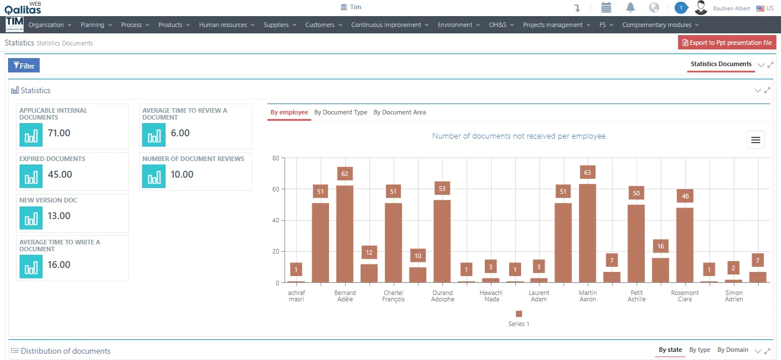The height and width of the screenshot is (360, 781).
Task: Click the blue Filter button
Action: tap(24, 66)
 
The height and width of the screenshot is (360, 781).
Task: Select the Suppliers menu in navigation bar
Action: tap(280, 25)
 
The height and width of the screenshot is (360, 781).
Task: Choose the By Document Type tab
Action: tap(340, 112)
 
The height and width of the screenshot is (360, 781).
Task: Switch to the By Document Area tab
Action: tap(400, 112)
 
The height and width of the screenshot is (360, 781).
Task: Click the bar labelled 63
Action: tap(588, 233)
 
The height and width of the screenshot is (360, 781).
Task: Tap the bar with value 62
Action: tap(345, 234)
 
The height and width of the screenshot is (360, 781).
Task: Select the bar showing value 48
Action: tap(685, 245)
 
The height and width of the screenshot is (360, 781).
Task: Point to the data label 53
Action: tap(442, 189)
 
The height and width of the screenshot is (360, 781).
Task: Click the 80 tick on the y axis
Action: tap(276, 158)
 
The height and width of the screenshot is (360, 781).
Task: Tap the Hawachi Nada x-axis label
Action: tap(491, 296)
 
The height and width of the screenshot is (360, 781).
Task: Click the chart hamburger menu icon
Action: tap(756, 140)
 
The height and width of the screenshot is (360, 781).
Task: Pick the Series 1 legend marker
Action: tap(519, 313)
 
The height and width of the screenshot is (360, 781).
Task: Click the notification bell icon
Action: tap(630, 7)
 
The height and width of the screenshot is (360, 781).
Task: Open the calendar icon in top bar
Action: tap(606, 7)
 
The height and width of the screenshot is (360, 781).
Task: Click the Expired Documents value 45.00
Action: tap(60, 174)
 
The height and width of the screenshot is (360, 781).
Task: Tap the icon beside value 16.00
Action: tap(31, 267)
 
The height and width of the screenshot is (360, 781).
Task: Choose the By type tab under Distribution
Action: tap(699, 350)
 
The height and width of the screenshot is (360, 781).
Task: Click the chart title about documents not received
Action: tap(519, 136)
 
